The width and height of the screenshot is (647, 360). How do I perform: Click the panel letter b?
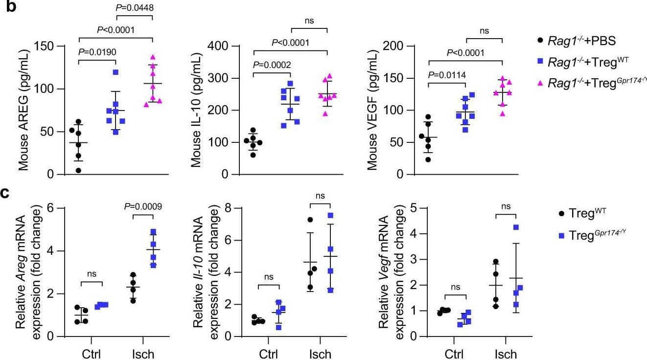click(x=7, y=8)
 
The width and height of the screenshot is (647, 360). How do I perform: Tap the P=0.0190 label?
click(x=96, y=52)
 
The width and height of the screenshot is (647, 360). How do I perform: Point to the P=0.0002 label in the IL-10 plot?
click(x=272, y=65)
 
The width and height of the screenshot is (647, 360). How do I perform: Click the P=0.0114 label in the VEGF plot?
click(x=447, y=75)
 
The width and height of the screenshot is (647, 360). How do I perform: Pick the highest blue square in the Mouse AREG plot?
click(x=116, y=72)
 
